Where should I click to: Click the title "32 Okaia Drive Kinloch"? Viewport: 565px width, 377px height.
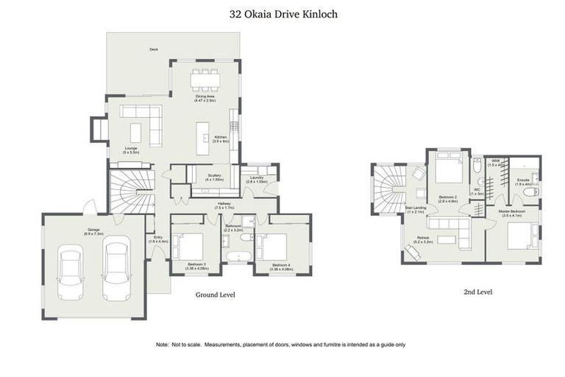point(282,13)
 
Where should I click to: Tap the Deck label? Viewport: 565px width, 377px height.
point(154,49)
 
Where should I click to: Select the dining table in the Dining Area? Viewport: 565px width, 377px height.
point(205,79)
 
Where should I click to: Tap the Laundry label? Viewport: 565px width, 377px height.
point(258,178)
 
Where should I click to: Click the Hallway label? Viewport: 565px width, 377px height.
point(224,205)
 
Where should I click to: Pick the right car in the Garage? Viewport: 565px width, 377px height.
point(116,268)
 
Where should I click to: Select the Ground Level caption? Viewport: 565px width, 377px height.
point(215,295)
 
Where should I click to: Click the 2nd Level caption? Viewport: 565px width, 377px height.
point(477,292)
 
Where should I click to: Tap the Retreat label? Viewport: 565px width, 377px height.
point(422,239)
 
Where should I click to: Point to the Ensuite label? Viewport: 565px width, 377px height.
point(523,180)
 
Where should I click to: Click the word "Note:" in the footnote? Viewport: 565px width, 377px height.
point(163,345)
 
